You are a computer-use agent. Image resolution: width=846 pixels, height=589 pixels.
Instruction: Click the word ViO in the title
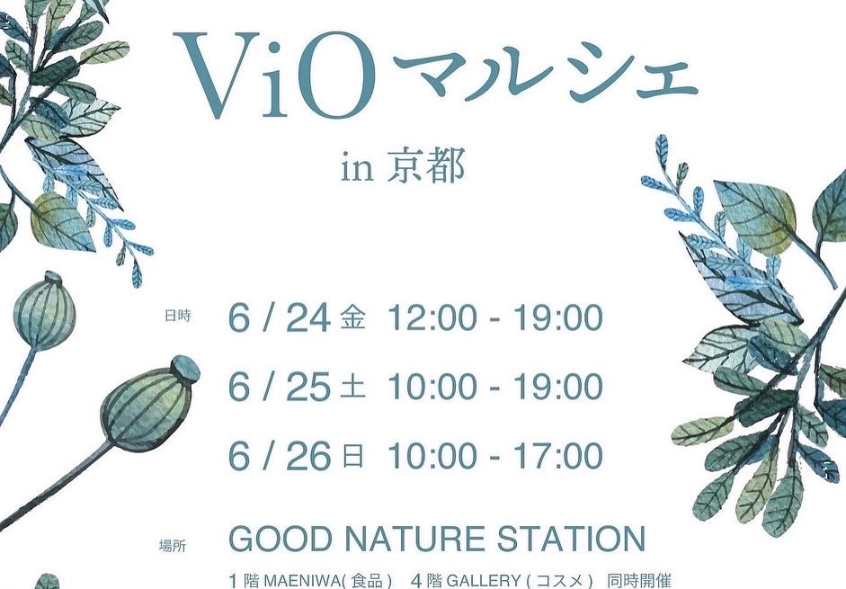click(275, 75)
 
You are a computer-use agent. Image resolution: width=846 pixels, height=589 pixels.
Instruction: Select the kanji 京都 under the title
click(426, 165)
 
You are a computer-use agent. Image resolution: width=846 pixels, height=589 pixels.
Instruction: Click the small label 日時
click(177, 317)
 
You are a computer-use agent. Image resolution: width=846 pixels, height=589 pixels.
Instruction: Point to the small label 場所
click(173, 546)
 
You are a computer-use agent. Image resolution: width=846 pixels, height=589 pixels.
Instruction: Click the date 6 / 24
click(279, 318)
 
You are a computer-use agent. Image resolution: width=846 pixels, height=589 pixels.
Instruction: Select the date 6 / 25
click(279, 387)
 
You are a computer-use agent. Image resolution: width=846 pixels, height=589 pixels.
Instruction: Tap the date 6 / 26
click(279, 456)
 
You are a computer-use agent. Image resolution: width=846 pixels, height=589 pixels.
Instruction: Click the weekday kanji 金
click(352, 318)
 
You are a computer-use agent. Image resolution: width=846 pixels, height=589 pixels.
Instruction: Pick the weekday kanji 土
click(352, 388)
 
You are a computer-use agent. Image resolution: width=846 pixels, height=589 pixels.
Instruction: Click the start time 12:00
click(432, 318)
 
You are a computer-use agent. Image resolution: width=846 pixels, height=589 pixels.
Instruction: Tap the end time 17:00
click(558, 456)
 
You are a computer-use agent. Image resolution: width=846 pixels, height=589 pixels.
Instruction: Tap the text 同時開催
click(639, 582)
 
